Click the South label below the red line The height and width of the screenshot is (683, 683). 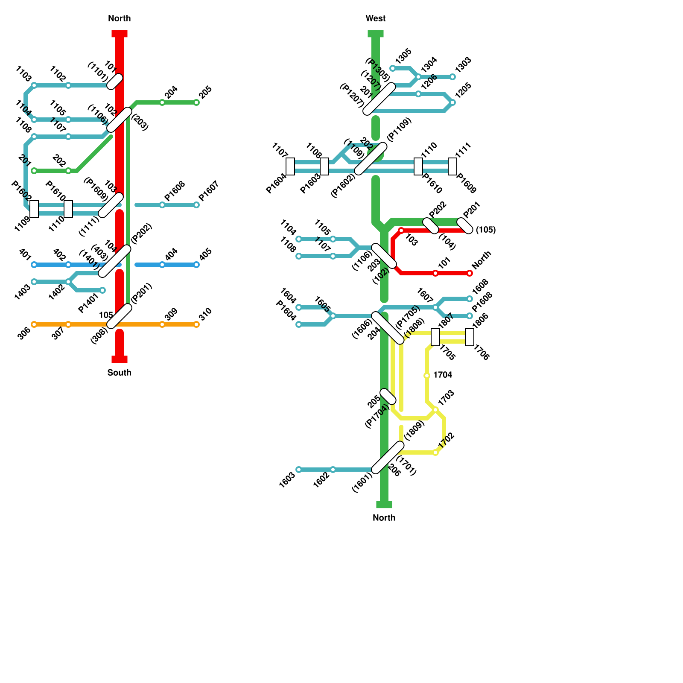120,373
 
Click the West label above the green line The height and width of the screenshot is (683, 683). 376,18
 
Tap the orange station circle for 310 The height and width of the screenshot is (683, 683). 196,324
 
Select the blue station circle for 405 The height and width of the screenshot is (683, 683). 196,265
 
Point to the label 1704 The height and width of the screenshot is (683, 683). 443,375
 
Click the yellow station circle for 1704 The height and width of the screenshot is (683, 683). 427,376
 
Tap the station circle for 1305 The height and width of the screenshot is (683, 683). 393,68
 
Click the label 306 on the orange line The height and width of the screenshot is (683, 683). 24,333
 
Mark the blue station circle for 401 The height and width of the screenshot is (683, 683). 34,265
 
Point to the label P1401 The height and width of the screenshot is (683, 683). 88,303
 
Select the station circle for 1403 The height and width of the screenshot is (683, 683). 34,282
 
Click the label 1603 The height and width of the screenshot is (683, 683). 287,480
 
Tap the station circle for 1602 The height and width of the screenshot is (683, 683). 333,470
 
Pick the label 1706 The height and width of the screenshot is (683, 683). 481,353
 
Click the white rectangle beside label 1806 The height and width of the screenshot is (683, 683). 470,337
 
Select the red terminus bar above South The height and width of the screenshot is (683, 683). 120,359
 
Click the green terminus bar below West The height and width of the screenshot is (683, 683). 376,34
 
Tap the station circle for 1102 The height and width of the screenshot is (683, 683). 68,85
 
